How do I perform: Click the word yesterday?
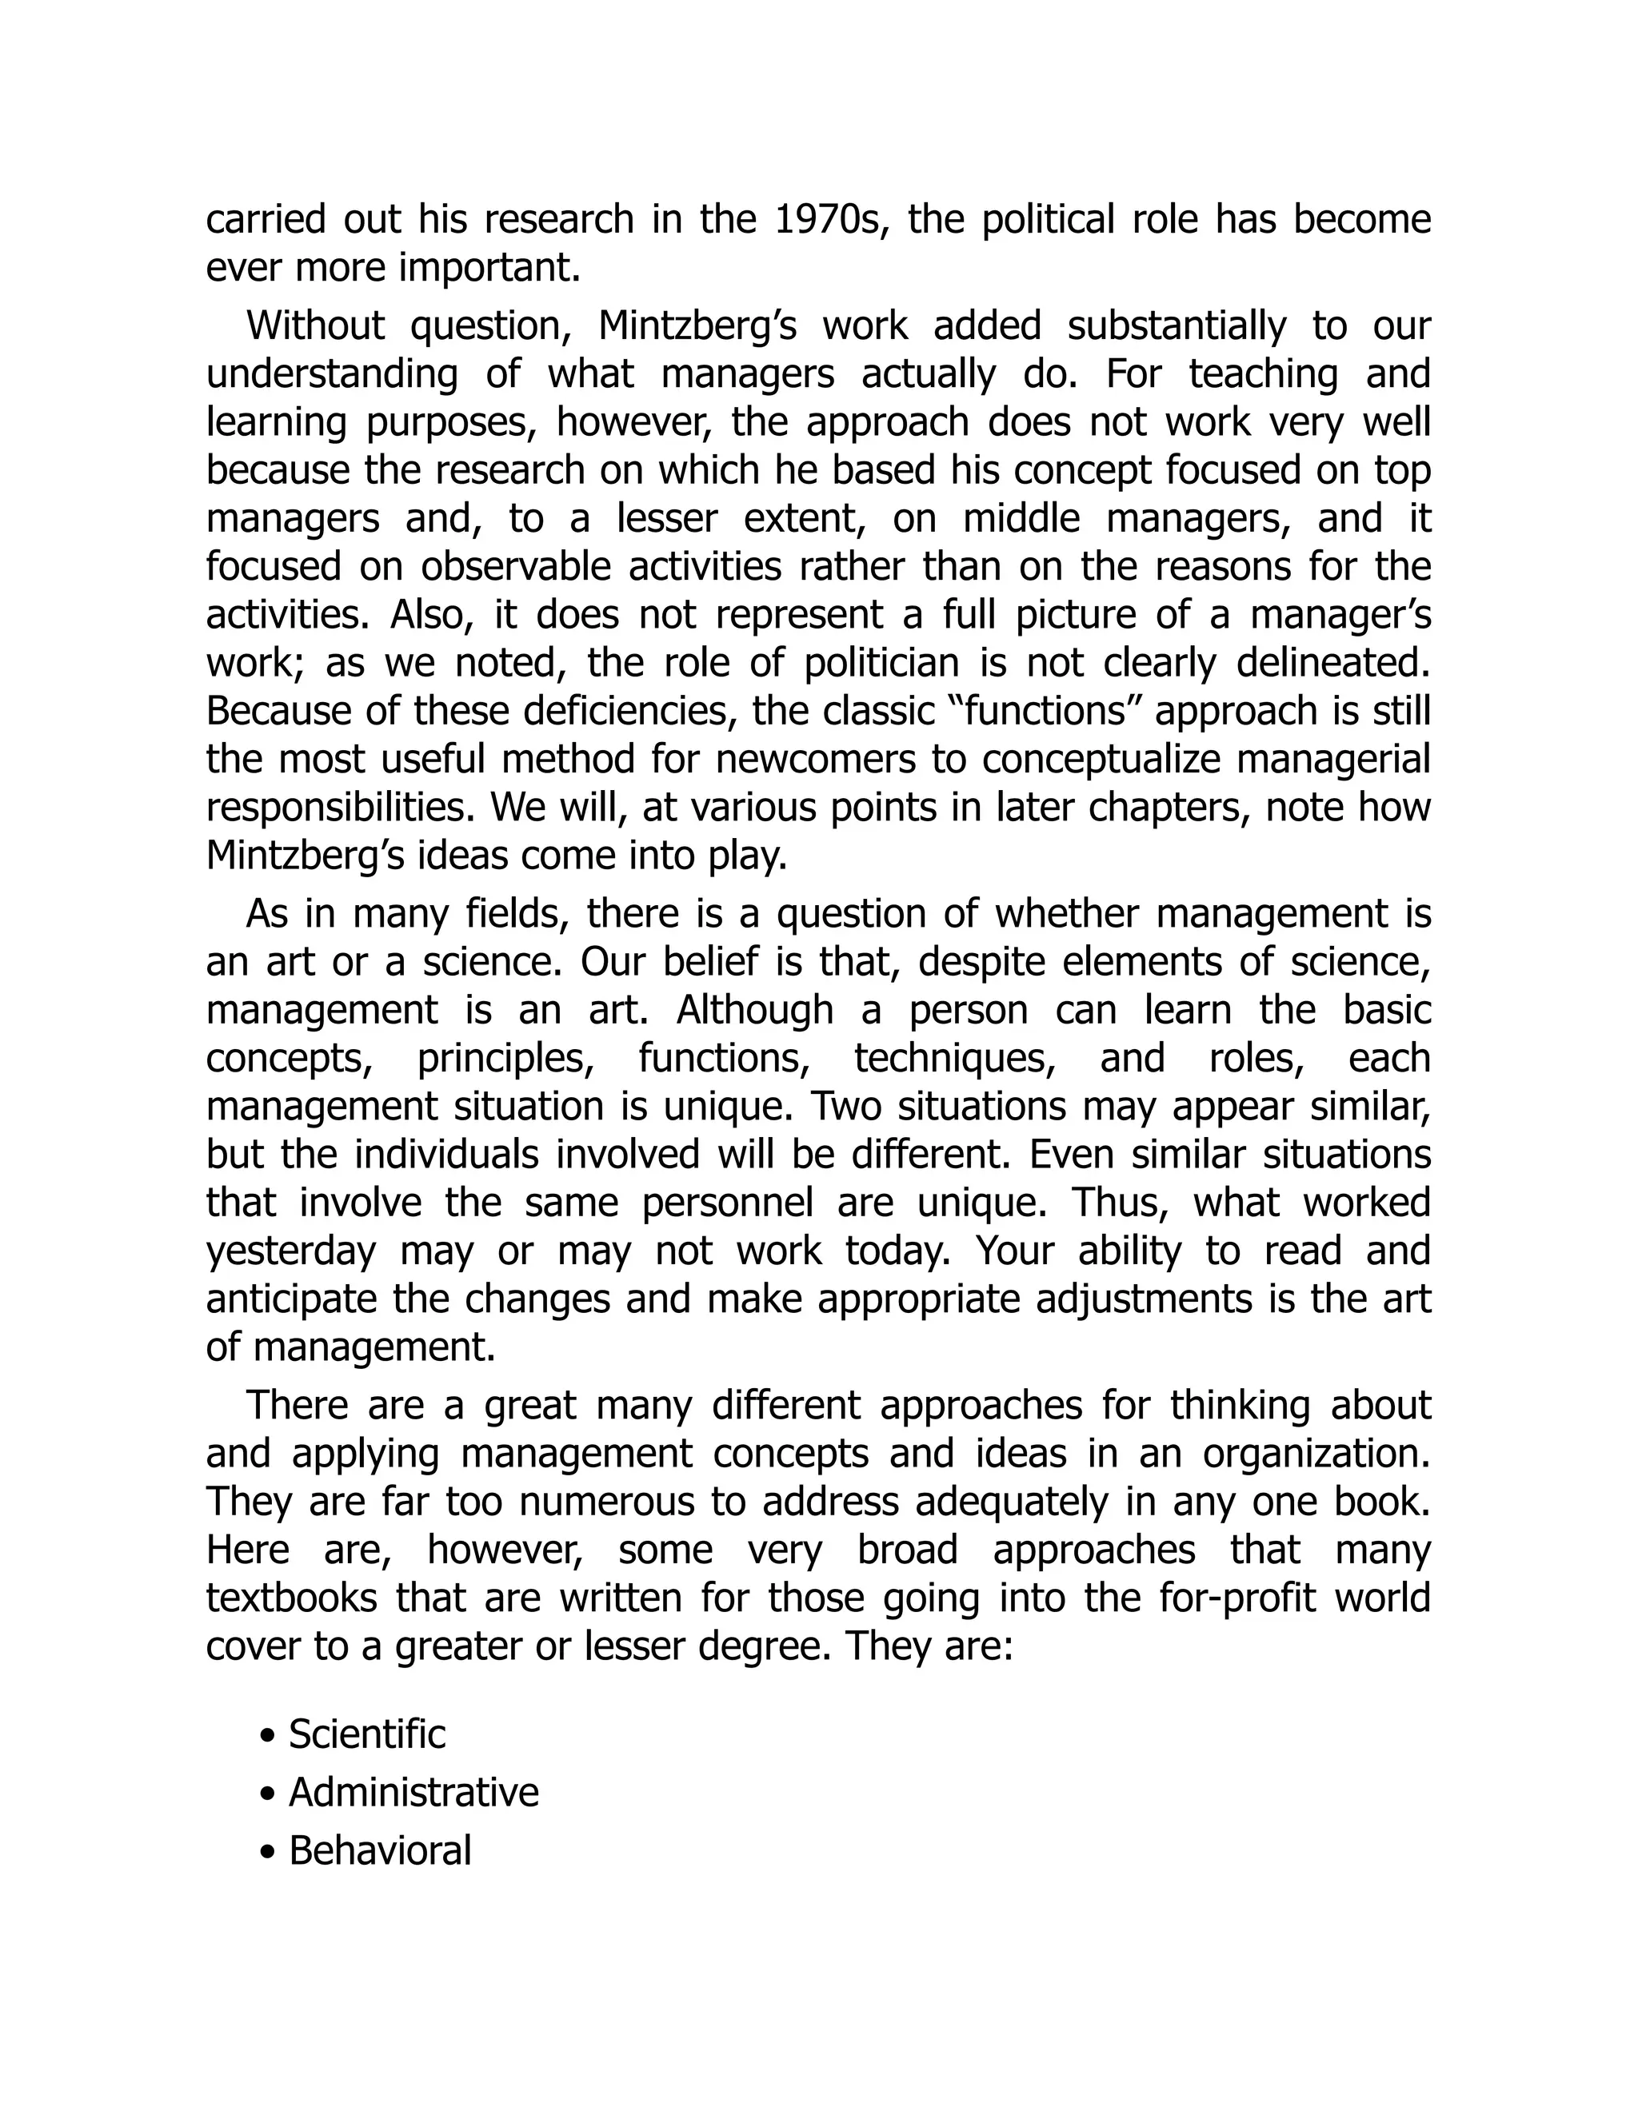[x=290, y=1251]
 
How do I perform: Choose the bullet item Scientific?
[x=367, y=1734]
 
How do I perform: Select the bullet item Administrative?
[x=413, y=1792]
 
